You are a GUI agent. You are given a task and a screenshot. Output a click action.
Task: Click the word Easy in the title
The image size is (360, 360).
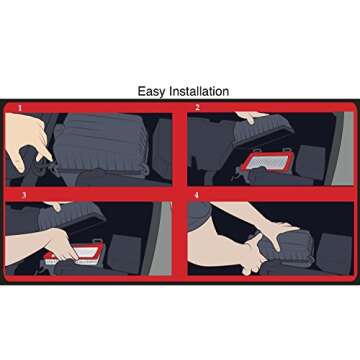point(152,92)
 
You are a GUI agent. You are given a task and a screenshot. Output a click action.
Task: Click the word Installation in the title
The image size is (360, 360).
point(199,91)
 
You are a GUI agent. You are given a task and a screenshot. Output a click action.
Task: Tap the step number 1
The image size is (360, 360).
point(20,108)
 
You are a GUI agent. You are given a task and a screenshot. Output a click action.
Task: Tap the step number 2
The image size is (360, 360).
point(198,107)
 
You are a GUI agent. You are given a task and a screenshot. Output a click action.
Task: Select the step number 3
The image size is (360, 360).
point(24,195)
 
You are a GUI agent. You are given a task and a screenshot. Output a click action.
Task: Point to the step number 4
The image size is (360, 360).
point(197,195)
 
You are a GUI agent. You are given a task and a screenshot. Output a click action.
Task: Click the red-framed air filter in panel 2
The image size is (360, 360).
point(267,162)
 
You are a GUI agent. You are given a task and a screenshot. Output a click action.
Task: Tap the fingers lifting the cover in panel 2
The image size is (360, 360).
point(251,117)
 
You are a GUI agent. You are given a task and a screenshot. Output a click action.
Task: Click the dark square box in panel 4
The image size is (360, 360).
point(334,253)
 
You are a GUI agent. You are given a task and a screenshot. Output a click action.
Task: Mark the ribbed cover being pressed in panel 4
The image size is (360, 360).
point(287,247)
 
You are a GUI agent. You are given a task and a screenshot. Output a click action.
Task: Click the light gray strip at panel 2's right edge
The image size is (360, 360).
point(343,149)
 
